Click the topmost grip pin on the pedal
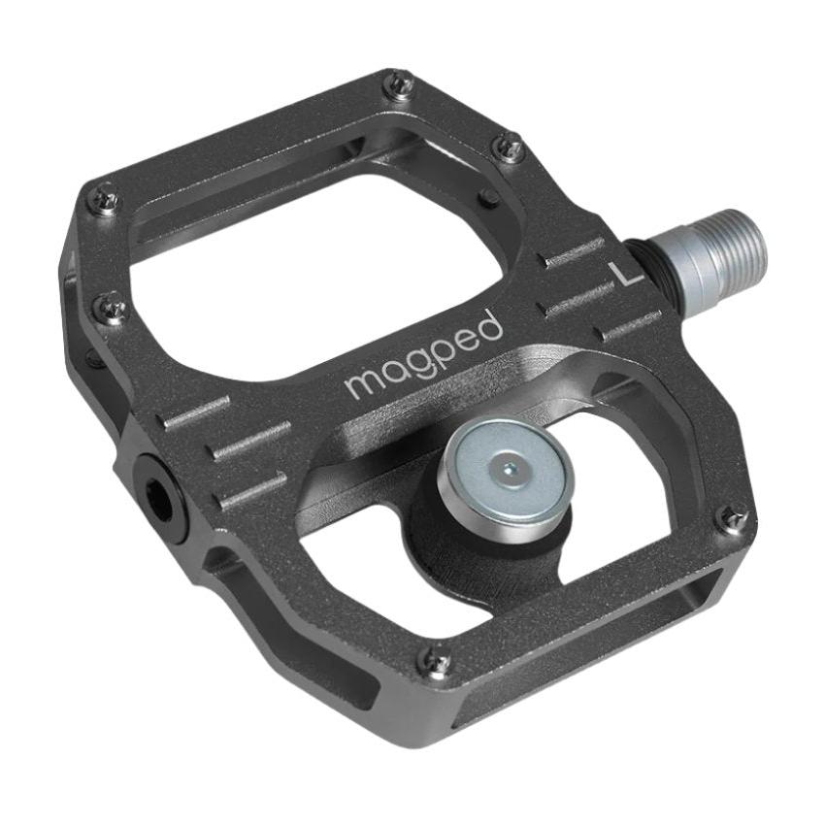[x=399, y=84]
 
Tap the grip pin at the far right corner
[x=733, y=518]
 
